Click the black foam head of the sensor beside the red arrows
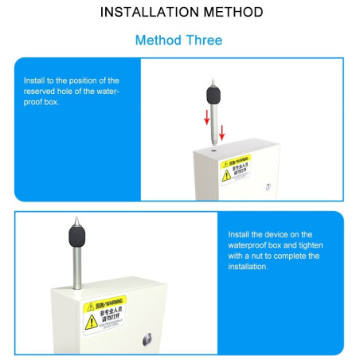pyautogui.click(x=213, y=94)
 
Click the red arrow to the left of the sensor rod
pyautogui.click(x=206, y=117)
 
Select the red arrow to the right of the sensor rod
pyautogui.click(x=222, y=130)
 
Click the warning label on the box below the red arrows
pyautogui.click(x=236, y=169)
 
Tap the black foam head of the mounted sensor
pyautogui.click(x=76, y=236)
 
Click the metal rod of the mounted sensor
pyautogui.click(x=76, y=267)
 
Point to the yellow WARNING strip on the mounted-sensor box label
pyautogui.click(x=105, y=303)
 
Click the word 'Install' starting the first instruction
pyautogui.click(x=35, y=80)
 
